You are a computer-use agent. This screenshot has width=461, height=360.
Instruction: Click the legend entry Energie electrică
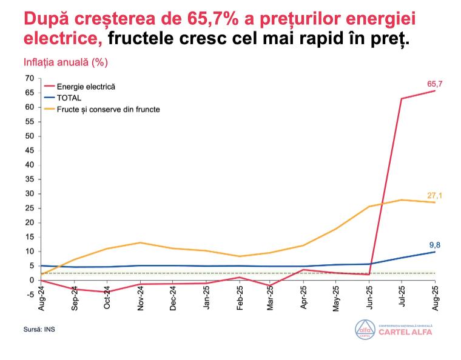[86, 87]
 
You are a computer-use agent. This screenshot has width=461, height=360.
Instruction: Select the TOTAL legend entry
[69, 98]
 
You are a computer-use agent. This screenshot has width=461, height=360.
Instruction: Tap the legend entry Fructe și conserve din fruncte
[108, 109]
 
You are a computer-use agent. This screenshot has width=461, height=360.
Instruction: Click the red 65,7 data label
[435, 83]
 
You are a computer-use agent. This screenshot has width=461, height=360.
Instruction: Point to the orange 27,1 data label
[434, 195]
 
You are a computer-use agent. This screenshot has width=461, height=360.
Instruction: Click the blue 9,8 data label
[435, 245]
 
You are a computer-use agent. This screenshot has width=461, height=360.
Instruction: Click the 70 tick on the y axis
[29, 78]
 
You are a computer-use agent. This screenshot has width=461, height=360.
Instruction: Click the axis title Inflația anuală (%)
[66, 63]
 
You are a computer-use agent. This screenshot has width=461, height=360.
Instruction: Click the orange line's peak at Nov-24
[140, 242]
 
